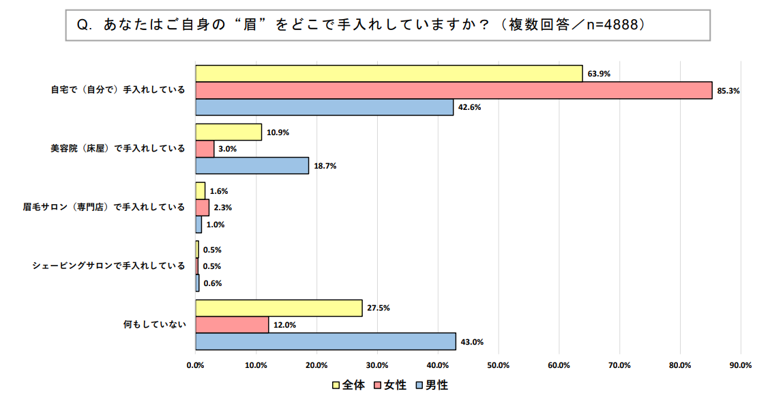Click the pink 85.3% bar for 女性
point(454,90)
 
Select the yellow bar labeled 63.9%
point(389,73)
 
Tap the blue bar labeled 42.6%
point(325,107)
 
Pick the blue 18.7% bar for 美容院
point(252,166)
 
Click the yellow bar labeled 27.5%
point(279,308)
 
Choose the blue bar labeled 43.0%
point(325,341)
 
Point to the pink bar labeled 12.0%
point(232,325)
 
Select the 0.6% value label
point(213,283)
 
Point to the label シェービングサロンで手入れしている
point(108,266)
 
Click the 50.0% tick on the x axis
point(499,365)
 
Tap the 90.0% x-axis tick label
point(741,365)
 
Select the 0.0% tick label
point(196,365)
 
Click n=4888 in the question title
point(609,25)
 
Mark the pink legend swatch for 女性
point(379,386)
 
